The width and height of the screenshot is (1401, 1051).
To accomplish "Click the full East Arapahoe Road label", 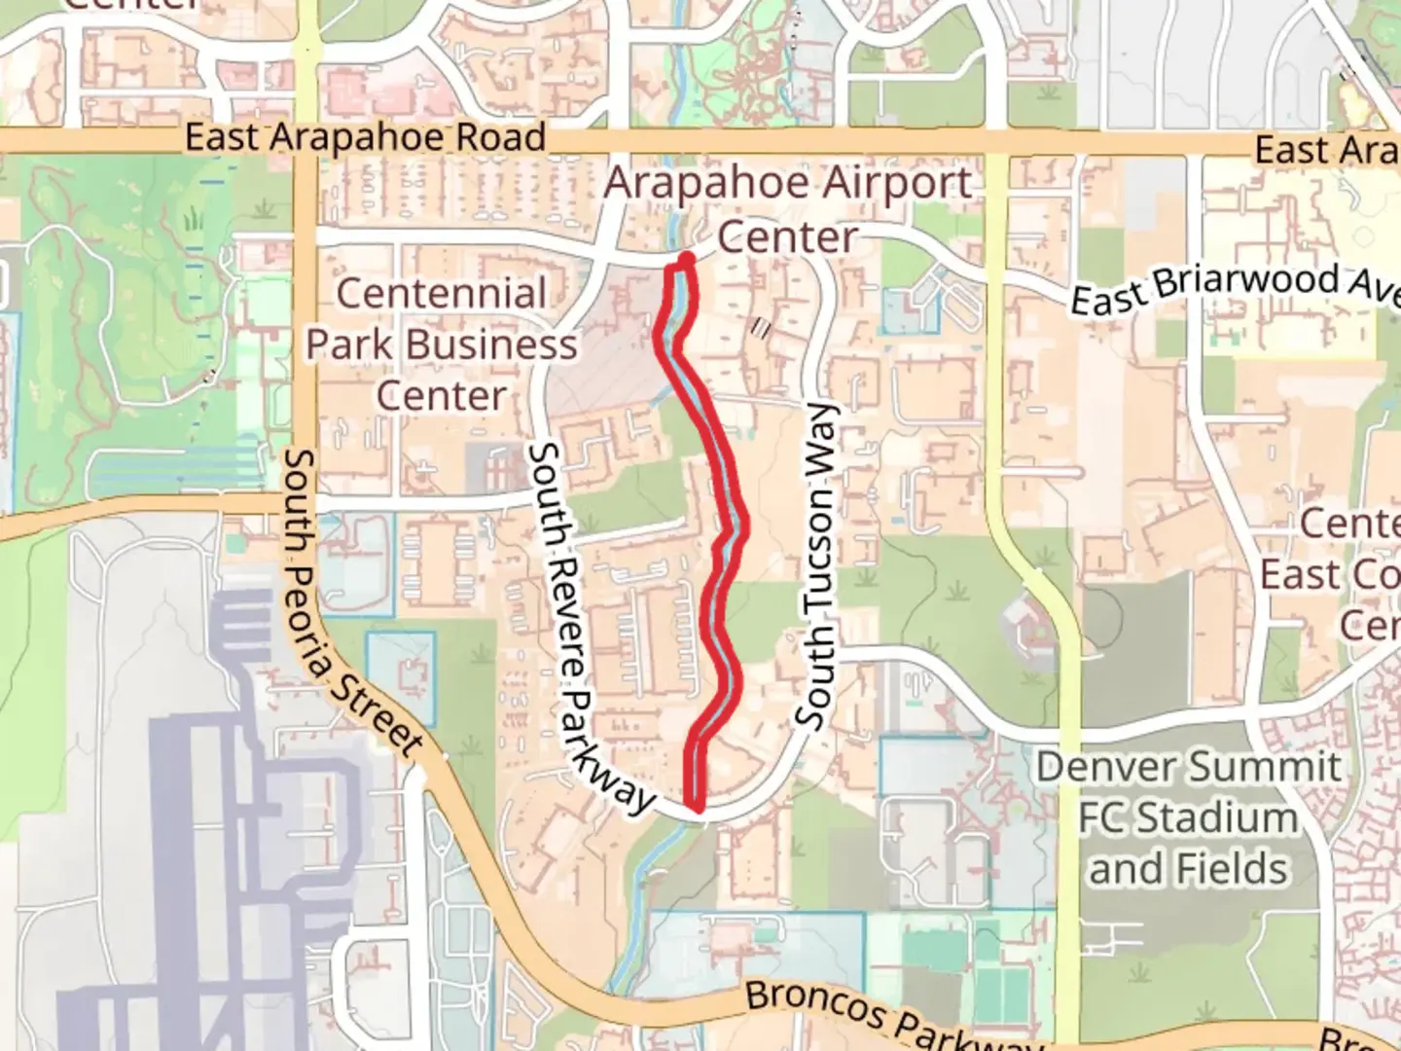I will pos(365,137).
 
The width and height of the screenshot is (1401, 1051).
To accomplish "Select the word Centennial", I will pos(441,293).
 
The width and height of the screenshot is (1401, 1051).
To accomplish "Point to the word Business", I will pos(491,344).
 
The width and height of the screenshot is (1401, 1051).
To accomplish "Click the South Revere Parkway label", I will pos(588,628).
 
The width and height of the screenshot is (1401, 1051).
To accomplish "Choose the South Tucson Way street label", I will pos(818,564).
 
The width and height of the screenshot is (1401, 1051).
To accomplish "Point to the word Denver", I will pos(1097,767).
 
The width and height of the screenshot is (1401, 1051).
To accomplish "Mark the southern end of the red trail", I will pos(696,806).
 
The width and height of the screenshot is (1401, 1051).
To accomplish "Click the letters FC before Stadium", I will pos(1105,817).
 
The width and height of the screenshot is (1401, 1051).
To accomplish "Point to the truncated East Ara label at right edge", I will pos(1326,151).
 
